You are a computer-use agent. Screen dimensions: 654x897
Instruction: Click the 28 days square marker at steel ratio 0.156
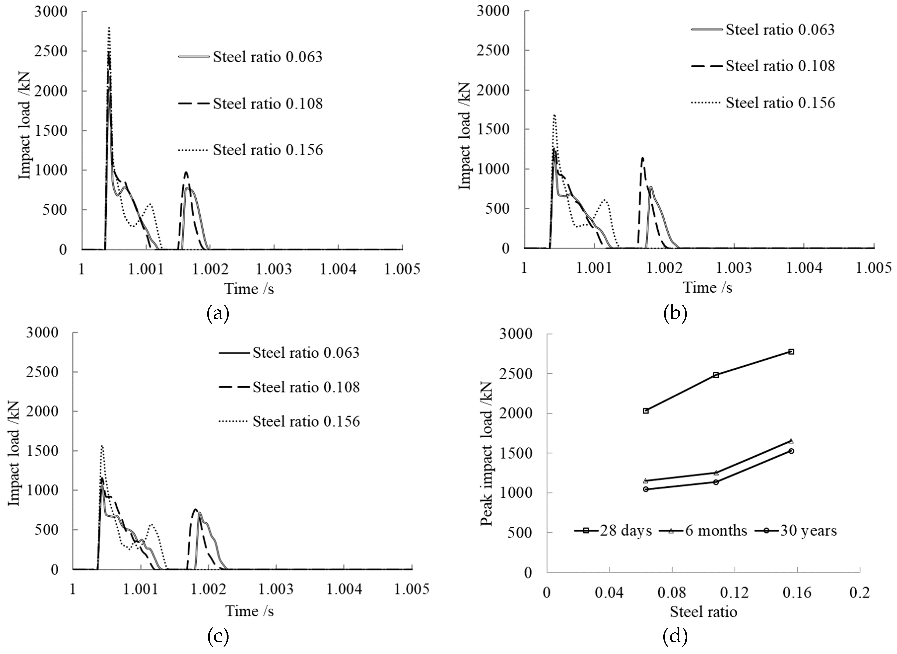point(791,352)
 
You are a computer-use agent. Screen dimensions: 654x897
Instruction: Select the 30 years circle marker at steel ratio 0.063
point(646,489)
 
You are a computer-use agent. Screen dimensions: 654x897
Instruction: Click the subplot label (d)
point(675,636)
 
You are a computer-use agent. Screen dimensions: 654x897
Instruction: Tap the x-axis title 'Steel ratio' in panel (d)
point(703,612)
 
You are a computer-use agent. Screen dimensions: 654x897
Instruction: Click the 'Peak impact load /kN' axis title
point(486,453)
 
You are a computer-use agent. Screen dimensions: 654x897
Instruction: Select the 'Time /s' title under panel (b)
point(707,288)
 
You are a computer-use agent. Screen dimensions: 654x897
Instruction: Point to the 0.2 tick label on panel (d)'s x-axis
point(860,593)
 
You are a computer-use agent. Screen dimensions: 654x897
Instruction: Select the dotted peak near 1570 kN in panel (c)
point(102,446)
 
